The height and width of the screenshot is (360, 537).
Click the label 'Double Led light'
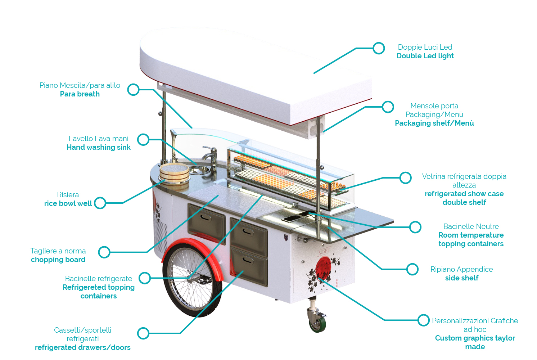pyautogui.click(x=425, y=56)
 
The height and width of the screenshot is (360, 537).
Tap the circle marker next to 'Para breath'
pyautogui.click(x=134, y=89)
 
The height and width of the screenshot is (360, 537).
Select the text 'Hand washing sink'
pyautogui.click(x=98, y=147)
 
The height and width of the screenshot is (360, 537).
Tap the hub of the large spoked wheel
pyautogui.click(x=190, y=277)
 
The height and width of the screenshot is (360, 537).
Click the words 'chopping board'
pyautogui.click(x=58, y=260)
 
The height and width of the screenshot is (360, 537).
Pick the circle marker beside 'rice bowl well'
pyautogui.click(x=100, y=203)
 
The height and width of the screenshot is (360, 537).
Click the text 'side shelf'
pyautogui.click(x=461, y=278)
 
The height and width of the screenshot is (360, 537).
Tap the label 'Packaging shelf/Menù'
pyautogui.click(x=434, y=123)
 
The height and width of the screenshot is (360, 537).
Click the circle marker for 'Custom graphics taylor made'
pyautogui.click(x=424, y=320)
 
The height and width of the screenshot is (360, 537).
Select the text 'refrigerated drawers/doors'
pyautogui.click(x=82, y=347)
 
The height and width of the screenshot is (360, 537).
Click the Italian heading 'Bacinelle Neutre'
pyautogui.click(x=471, y=226)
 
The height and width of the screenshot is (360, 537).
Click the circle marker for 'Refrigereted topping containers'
pyautogui.click(x=145, y=278)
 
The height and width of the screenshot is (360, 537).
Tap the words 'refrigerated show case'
pyautogui.click(x=464, y=194)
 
